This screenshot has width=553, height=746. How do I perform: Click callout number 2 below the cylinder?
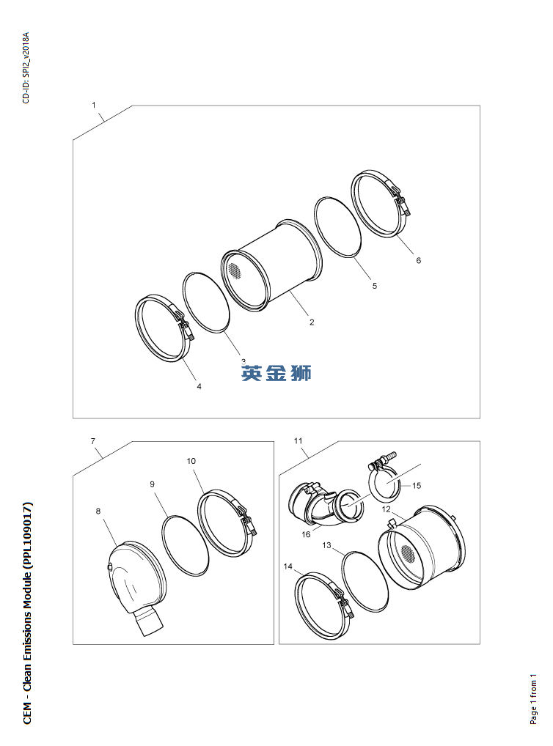312,322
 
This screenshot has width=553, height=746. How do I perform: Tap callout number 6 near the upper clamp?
418,260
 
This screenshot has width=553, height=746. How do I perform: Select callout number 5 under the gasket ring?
374,286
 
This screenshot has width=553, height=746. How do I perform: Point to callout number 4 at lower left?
199,386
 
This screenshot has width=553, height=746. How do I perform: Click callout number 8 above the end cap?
98,511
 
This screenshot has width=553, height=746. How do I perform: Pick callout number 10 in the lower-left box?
191,462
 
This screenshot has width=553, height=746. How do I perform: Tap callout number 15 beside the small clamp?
416,485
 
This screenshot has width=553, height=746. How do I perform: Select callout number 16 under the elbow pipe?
306,534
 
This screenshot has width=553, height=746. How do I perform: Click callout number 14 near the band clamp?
288,566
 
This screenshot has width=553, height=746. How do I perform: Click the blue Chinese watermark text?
276,373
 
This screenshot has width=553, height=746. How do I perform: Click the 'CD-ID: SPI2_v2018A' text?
26,67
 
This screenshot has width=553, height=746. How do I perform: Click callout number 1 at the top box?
94,105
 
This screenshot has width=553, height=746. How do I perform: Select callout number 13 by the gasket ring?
327,545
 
